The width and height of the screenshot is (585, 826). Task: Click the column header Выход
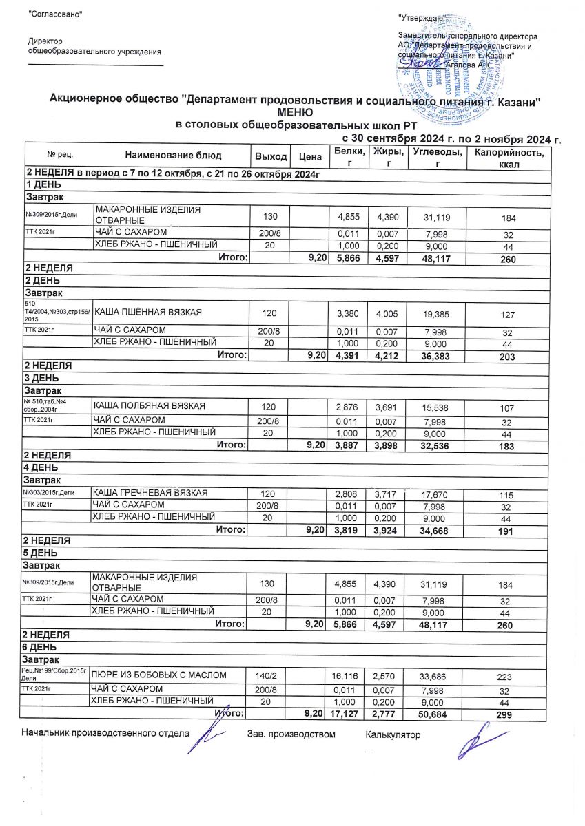click(271, 157)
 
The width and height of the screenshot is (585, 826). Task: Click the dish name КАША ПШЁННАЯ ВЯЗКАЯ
click(147, 313)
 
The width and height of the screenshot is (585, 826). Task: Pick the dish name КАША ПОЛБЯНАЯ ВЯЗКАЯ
click(149, 405)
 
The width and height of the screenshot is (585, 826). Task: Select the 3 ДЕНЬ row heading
click(43, 379)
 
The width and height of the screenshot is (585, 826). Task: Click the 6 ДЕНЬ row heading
click(43, 648)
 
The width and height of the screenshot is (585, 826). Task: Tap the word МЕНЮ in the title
click(295, 112)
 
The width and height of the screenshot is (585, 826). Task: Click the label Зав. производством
click(291, 734)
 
